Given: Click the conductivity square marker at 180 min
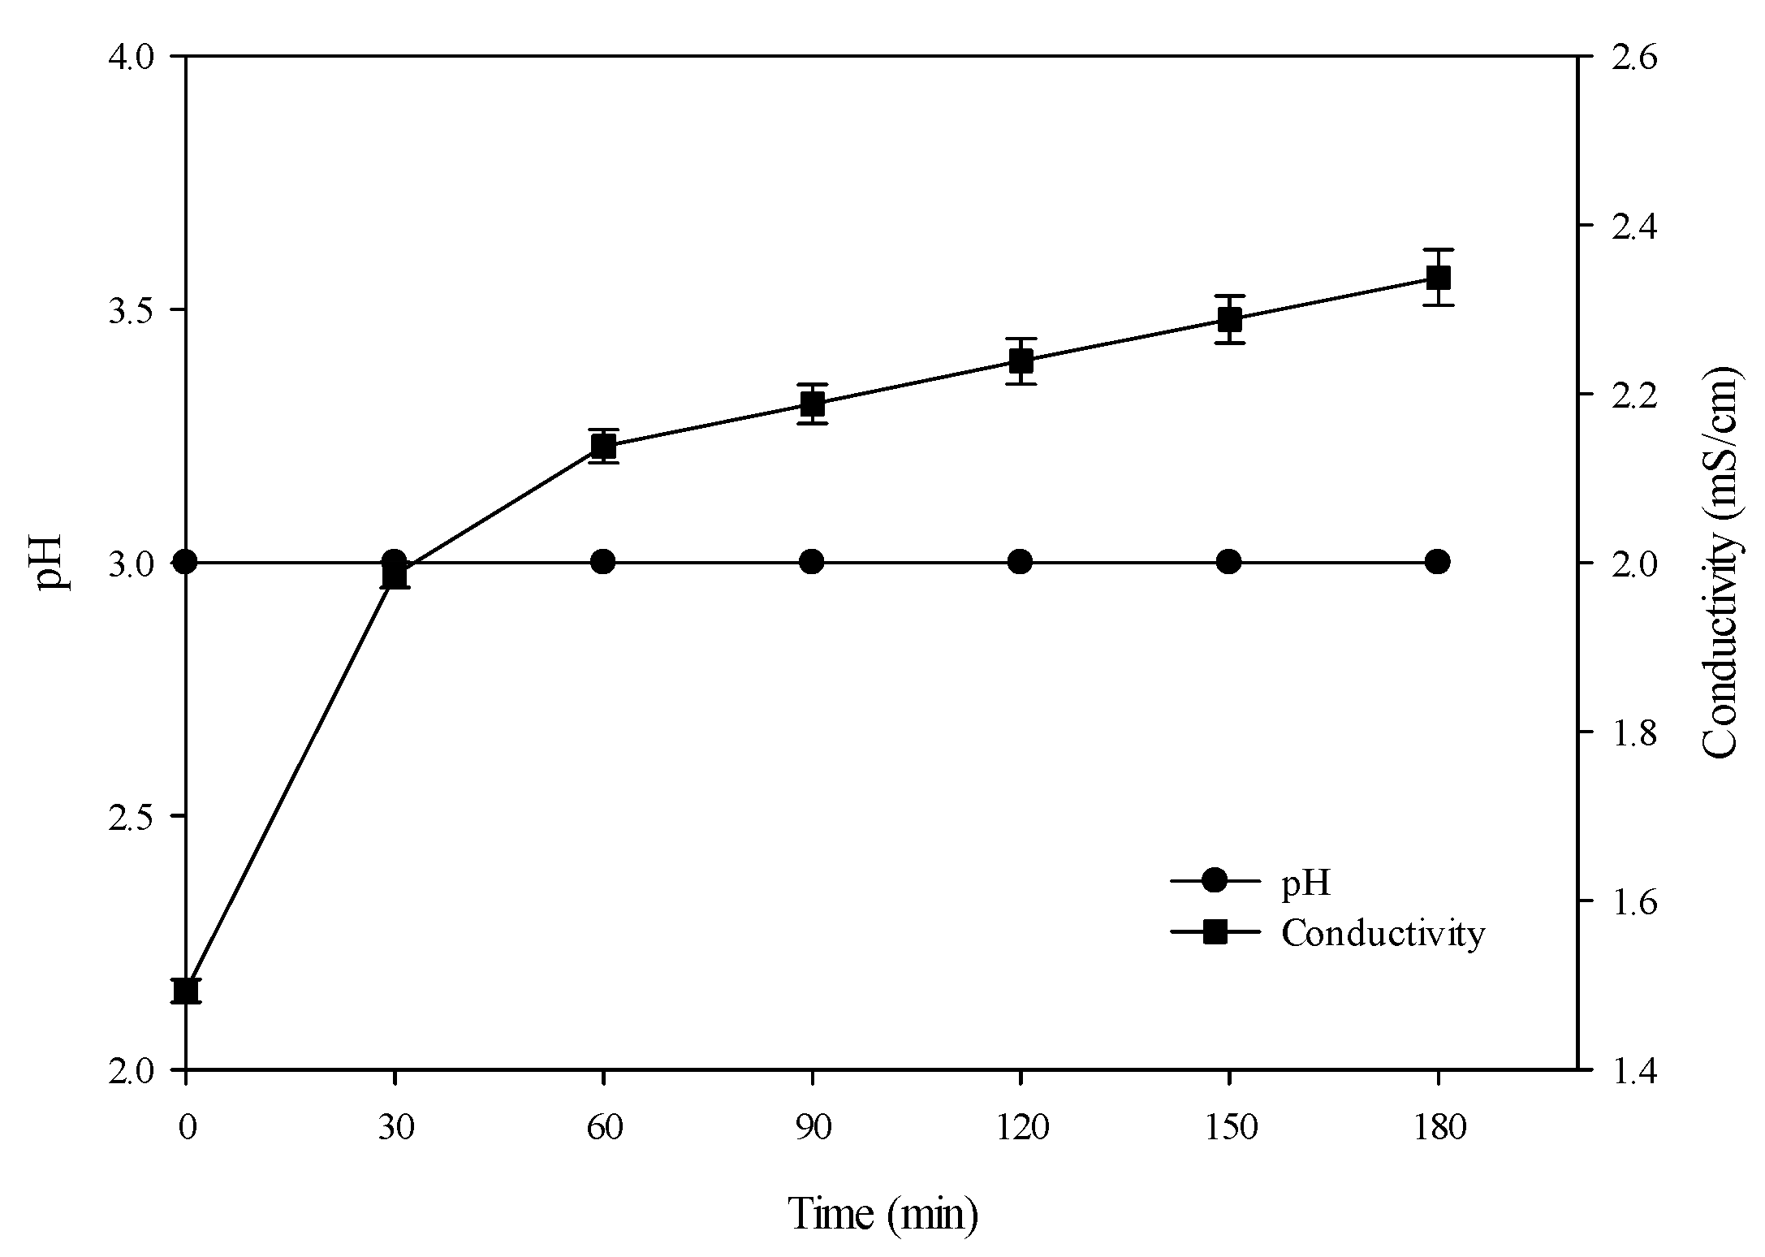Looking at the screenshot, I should (1438, 278).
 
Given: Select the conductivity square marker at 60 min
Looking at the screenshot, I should (603, 446).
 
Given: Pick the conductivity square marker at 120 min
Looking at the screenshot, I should (1021, 361).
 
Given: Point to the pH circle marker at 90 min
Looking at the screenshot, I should (812, 561).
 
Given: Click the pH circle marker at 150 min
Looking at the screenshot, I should (1229, 561).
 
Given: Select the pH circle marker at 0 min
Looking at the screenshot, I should (186, 561).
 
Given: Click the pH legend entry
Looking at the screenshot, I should (1305, 883).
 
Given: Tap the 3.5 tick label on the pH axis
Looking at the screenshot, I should (132, 310).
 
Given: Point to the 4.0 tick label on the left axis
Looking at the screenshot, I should (132, 57).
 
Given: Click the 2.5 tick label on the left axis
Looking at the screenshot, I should (132, 817).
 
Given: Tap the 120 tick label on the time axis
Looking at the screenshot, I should (1021, 1129).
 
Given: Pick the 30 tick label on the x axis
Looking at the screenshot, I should (395, 1129).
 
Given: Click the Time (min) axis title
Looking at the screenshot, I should (883, 1214).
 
